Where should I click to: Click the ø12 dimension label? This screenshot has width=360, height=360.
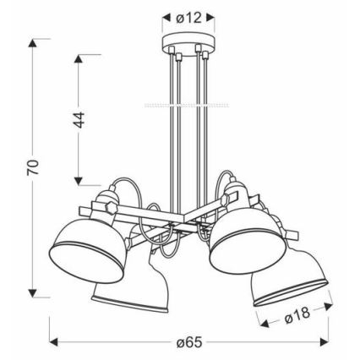[187, 17]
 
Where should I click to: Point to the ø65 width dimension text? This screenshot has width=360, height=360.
[189, 341]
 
